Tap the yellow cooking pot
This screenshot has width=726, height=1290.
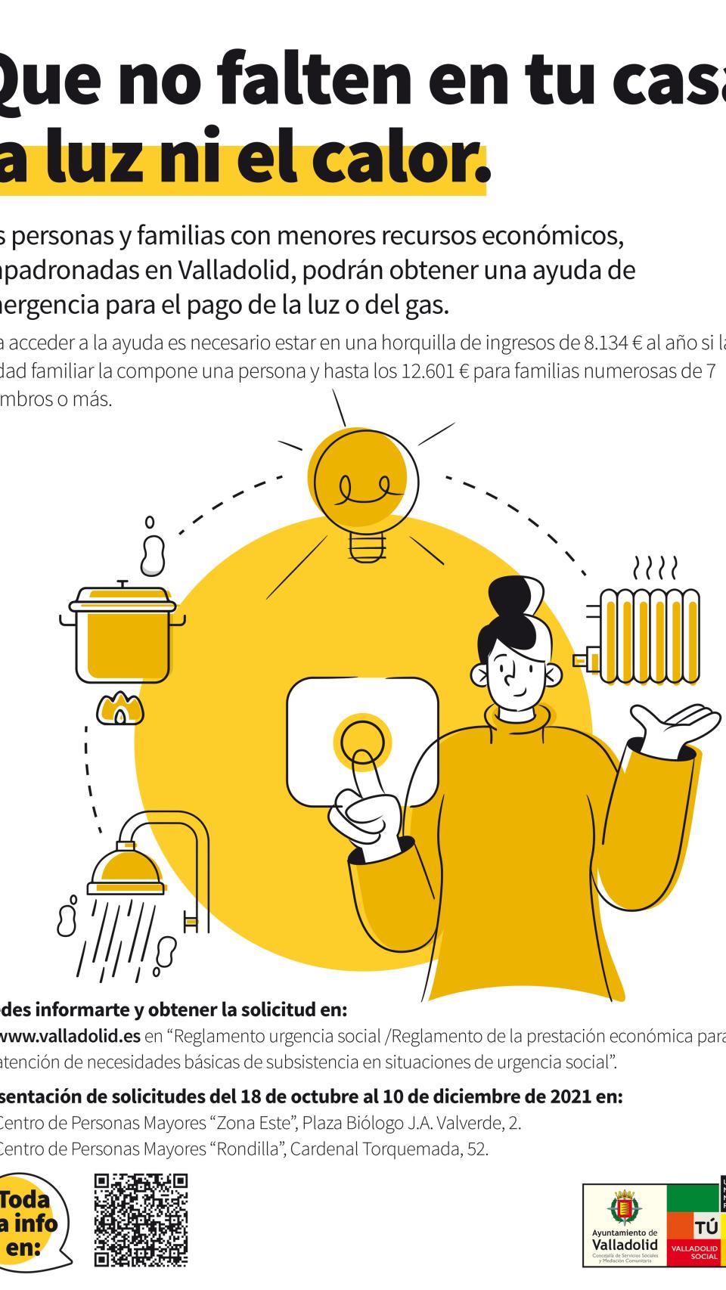click(x=123, y=634)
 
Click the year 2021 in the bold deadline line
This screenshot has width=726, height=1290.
click(x=579, y=1096)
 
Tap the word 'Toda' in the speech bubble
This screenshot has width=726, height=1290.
click(x=26, y=1200)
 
